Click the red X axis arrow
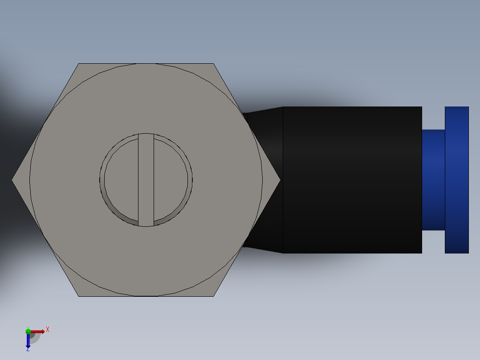(38, 331)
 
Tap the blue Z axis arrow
(28, 341)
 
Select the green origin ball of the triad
(28, 331)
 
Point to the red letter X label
(47, 330)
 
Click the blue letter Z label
(28, 350)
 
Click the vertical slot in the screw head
(146, 180)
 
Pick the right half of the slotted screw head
(171, 180)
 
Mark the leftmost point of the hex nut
(12, 180)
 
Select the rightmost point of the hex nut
(280, 180)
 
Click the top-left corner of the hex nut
(79, 64)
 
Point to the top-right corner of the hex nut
(213, 64)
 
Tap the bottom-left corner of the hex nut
(79, 296)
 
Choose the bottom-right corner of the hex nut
(213, 296)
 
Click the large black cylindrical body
(352, 180)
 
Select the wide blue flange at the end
(456, 180)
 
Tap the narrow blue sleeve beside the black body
(433, 180)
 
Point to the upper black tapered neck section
(265, 120)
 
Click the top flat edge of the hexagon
(146, 64)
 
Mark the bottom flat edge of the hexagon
(146, 296)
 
